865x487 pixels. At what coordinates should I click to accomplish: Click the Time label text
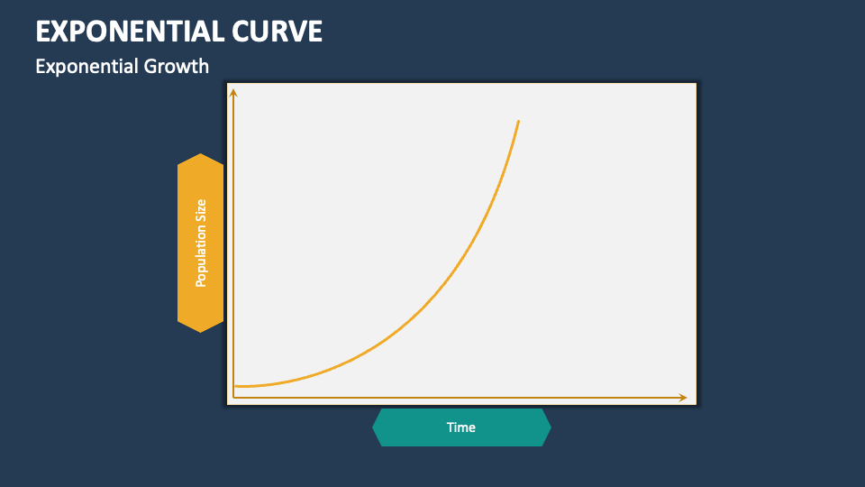tap(460, 427)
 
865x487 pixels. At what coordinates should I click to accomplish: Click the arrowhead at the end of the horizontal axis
tap(684, 398)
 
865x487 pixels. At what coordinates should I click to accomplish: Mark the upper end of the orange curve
tap(518, 120)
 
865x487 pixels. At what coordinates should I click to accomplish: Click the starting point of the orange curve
tap(234, 386)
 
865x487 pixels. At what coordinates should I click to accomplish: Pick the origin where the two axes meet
tap(233, 398)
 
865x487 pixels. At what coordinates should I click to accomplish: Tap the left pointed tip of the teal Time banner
tap(373, 427)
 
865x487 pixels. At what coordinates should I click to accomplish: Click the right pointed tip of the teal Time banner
tap(550, 427)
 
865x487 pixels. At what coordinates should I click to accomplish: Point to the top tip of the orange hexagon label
tap(200, 154)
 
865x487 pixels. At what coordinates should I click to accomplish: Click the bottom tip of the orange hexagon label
tap(200, 332)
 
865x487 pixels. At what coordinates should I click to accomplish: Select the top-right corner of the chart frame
tap(697, 83)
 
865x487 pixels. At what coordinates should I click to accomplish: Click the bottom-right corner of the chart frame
tap(697, 405)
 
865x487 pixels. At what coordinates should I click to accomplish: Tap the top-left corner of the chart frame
tap(226, 83)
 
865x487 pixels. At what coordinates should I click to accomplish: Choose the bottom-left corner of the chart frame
tap(226, 405)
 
